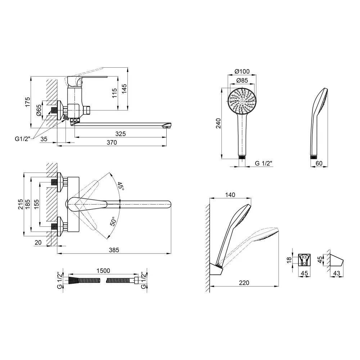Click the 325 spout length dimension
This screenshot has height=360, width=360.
pyautogui.click(x=121, y=134)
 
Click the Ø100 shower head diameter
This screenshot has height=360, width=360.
pyautogui.click(x=242, y=72)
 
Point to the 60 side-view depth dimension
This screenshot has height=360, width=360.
pyautogui.click(x=319, y=163)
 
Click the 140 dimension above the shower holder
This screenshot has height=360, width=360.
pyautogui.click(x=230, y=195)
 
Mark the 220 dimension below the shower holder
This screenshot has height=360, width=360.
pyautogui.click(x=244, y=283)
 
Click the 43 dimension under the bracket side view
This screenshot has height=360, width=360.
pyautogui.click(x=337, y=274)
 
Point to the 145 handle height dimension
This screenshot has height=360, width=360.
pyautogui.click(x=125, y=89)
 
